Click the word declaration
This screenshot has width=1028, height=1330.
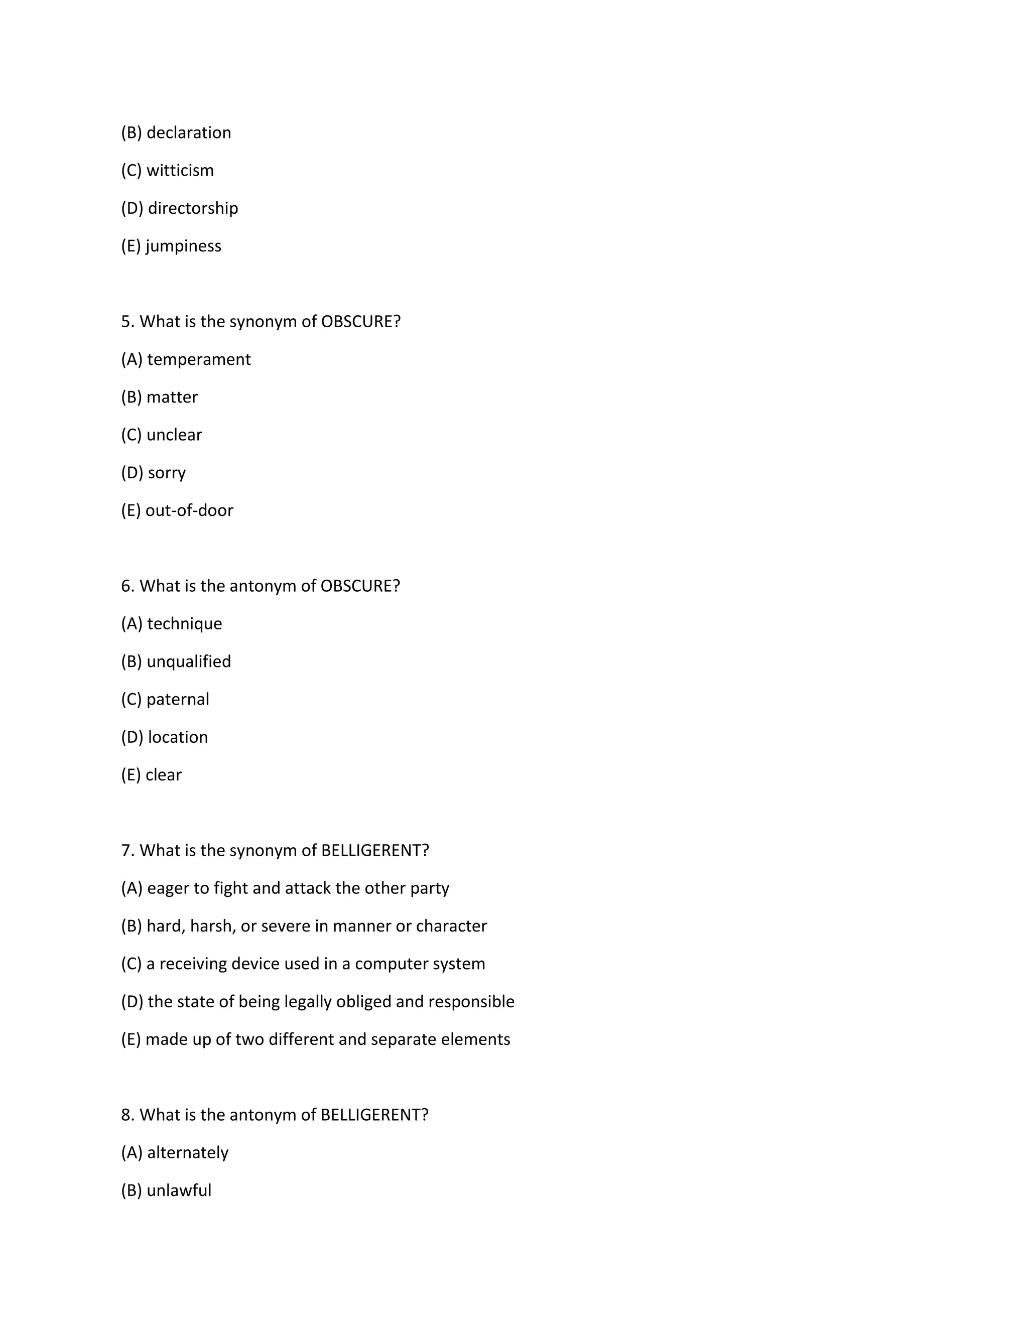(189, 133)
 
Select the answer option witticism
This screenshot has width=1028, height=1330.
(180, 171)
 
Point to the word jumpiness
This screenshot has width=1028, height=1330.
(183, 246)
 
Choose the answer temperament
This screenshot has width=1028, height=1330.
(199, 359)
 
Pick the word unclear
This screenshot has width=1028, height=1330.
(174, 435)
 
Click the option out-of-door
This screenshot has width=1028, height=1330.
(189, 510)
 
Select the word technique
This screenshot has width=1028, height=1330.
(185, 623)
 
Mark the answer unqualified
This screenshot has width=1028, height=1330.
(189, 661)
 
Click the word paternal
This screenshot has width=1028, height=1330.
(178, 699)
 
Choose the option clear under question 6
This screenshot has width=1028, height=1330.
(163, 774)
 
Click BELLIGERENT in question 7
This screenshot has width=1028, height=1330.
(374, 850)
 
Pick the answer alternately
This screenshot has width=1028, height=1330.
(188, 1152)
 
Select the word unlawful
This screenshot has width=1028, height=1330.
(179, 1190)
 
